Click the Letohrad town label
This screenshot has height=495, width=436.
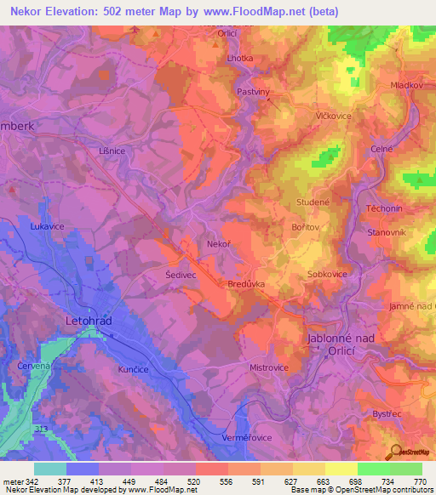point(89,321)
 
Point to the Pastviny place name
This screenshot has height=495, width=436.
point(253,88)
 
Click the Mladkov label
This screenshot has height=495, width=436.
point(405,86)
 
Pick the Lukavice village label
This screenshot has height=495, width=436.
point(48,228)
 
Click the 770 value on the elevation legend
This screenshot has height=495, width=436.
point(419,481)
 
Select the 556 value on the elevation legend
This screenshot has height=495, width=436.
point(227,481)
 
